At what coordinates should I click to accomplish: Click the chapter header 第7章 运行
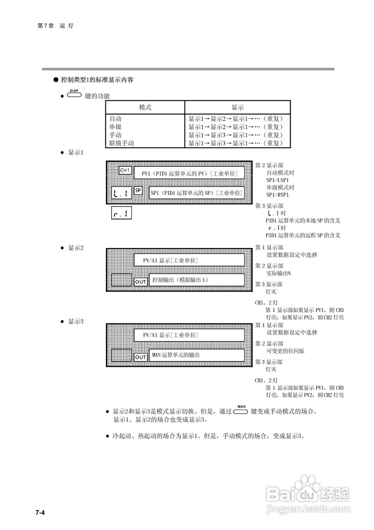(55, 26)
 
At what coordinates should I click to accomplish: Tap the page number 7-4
(40, 513)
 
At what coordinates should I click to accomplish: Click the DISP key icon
(74, 95)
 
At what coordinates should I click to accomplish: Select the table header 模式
(145, 107)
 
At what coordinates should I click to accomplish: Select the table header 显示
(237, 107)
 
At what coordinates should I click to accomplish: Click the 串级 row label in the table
(115, 127)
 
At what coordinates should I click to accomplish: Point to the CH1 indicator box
(125, 170)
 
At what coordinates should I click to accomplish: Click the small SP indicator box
(139, 190)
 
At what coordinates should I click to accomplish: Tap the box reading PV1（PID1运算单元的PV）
(189, 173)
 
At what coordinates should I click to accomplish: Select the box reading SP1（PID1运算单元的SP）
(196, 193)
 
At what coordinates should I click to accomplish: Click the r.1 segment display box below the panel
(122, 214)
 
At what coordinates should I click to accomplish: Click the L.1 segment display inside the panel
(122, 193)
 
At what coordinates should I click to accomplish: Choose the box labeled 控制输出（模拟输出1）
(196, 280)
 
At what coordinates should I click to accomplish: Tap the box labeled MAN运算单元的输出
(196, 355)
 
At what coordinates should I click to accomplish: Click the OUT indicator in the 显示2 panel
(141, 282)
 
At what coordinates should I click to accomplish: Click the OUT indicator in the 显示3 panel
(141, 357)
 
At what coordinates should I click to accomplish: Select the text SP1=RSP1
(277, 195)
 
